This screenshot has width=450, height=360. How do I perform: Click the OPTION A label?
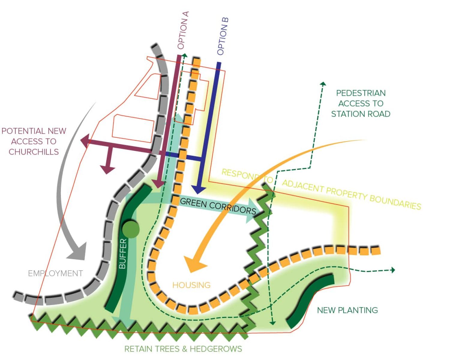coord(183,30)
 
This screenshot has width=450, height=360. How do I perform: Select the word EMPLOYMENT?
coord(55,273)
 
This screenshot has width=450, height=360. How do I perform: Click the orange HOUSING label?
coord(191,285)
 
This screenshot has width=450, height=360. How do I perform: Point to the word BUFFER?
coord(123,254)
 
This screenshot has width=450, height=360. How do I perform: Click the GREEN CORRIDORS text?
coord(218,206)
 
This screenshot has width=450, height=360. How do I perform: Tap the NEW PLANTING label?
coord(347,310)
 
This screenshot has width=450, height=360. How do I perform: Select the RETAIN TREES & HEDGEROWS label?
coord(183,349)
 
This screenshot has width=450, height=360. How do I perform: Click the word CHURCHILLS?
coord(34,152)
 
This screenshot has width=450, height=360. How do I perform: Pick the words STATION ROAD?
coord(361,114)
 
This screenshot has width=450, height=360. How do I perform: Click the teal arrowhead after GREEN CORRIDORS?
coord(251,214)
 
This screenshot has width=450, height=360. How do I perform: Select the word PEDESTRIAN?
coord(361,93)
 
